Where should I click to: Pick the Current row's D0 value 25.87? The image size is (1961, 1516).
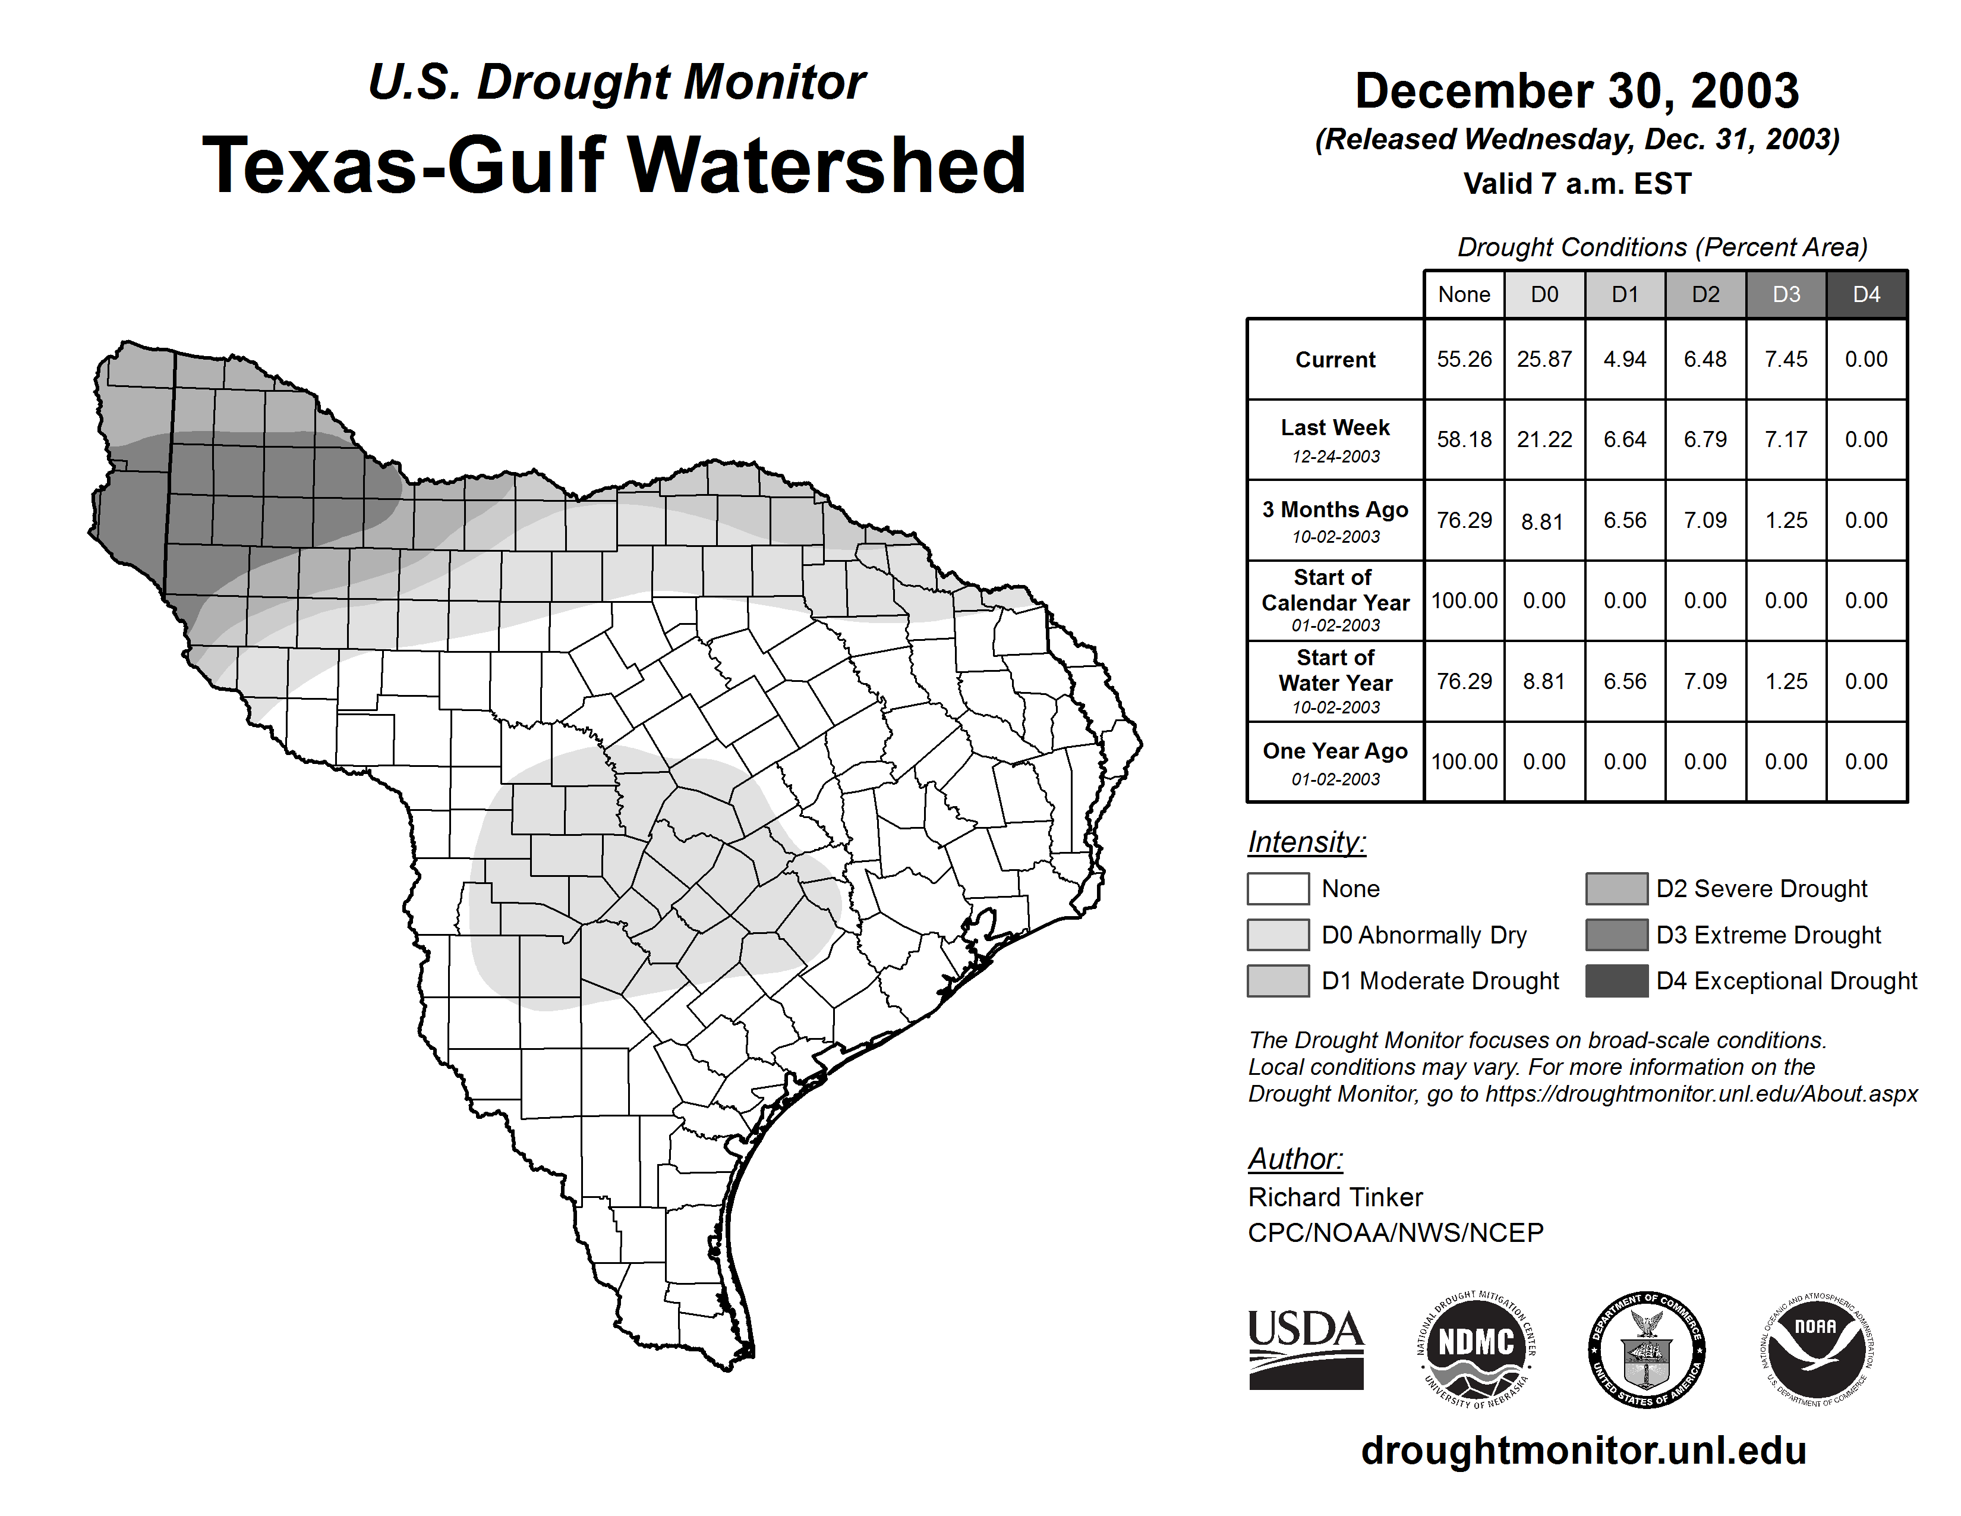[x=1544, y=359]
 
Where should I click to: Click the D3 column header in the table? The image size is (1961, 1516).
[x=1786, y=294]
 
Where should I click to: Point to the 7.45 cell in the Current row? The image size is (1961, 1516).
[x=1786, y=359]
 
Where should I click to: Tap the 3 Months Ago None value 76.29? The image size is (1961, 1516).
[x=1464, y=520]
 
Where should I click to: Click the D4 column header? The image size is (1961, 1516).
[x=1866, y=294]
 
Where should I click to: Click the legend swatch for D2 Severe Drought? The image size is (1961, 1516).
[x=1616, y=888]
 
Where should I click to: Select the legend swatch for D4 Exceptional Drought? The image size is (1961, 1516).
[x=1616, y=981]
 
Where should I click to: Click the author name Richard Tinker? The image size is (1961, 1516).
[x=1335, y=1197]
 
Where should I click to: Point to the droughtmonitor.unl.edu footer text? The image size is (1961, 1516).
[x=1584, y=1451]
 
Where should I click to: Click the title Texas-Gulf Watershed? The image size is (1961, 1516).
[x=614, y=165]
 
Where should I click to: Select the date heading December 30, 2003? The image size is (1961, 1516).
[x=1577, y=91]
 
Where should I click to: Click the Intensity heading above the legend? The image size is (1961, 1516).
[x=1306, y=842]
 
